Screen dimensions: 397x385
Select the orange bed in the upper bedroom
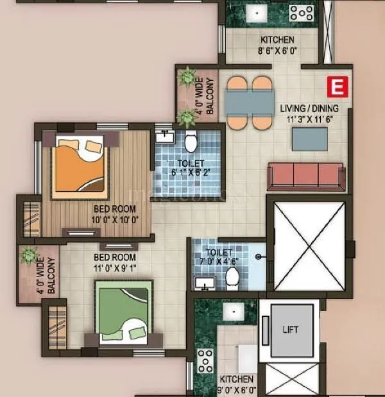[79, 164]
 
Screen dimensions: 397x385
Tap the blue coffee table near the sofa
[309, 138]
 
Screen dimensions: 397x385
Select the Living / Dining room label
[309, 108]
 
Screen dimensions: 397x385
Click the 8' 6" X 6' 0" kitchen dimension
[277, 50]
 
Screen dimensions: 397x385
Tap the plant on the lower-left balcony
[29, 256]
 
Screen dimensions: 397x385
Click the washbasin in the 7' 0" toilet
[205, 282]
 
